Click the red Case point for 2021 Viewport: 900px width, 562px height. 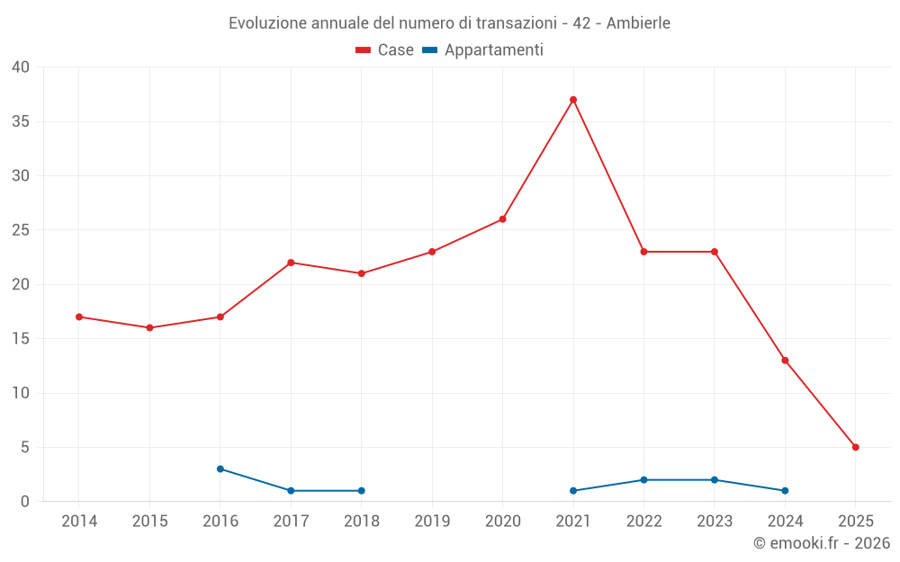[x=573, y=100]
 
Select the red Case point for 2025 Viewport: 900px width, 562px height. [x=856, y=447]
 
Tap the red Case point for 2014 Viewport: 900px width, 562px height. [x=79, y=317]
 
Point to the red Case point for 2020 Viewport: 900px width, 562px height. [x=503, y=219]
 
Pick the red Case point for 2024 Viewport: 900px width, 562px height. [x=785, y=361]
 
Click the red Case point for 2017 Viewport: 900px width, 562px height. [x=291, y=263]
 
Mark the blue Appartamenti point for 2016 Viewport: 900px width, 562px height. [x=220, y=468]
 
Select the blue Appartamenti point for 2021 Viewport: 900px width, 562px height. [x=573, y=491]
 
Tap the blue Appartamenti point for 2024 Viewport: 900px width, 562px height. [x=785, y=491]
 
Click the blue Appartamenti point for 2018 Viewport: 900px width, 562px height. [x=361, y=491]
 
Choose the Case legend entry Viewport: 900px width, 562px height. [x=384, y=50]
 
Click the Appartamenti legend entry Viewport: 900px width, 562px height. [x=483, y=50]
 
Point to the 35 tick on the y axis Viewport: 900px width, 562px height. [x=21, y=121]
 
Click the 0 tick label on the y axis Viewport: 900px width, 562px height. [x=25, y=502]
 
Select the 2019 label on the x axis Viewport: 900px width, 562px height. [x=432, y=522]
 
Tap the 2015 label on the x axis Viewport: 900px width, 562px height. [x=149, y=522]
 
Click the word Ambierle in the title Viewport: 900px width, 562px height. [x=638, y=22]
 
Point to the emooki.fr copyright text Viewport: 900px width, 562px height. [x=822, y=543]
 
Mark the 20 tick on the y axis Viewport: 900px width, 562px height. [x=21, y=284]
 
